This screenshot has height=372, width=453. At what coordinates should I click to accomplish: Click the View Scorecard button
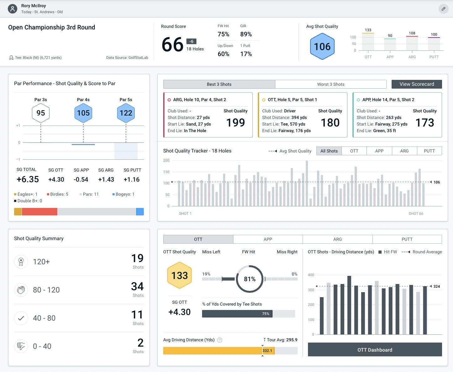click(417, 84)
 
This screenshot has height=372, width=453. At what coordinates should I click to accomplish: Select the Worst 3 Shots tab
click(331, 84)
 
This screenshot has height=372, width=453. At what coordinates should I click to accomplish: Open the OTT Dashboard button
click(375, 350)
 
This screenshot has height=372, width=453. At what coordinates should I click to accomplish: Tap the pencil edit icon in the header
click(443, 9)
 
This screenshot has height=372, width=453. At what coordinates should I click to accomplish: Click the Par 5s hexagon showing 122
click(126, 113)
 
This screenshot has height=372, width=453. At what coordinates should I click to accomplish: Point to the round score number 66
click(172, 45)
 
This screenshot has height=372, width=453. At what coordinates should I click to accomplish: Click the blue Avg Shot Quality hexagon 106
click(322, 47)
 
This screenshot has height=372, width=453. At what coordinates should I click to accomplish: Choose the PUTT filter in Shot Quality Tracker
click(429, 151)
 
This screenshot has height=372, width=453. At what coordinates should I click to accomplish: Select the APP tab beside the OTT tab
click(268, 239)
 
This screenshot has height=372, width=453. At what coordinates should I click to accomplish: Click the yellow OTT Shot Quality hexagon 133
click(180, 276)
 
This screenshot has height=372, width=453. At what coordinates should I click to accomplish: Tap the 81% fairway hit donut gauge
click(249, 279)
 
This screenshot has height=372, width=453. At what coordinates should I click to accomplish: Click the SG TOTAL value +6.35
click(28, 179)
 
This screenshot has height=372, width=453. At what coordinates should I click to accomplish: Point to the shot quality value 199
click(236, 122)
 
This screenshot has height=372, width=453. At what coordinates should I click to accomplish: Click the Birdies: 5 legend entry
click(58, 194)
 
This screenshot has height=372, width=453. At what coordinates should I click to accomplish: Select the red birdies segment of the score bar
click(39, 212)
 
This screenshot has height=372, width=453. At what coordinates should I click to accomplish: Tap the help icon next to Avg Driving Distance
click(220, 340)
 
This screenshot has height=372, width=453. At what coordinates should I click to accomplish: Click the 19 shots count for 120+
click(137, 258)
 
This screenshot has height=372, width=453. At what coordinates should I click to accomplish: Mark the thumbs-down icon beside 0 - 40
click(21, 346)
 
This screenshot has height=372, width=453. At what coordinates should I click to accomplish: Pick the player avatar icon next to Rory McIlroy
click(13, 9)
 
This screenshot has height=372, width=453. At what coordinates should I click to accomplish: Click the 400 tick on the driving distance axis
click(311, 275)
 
